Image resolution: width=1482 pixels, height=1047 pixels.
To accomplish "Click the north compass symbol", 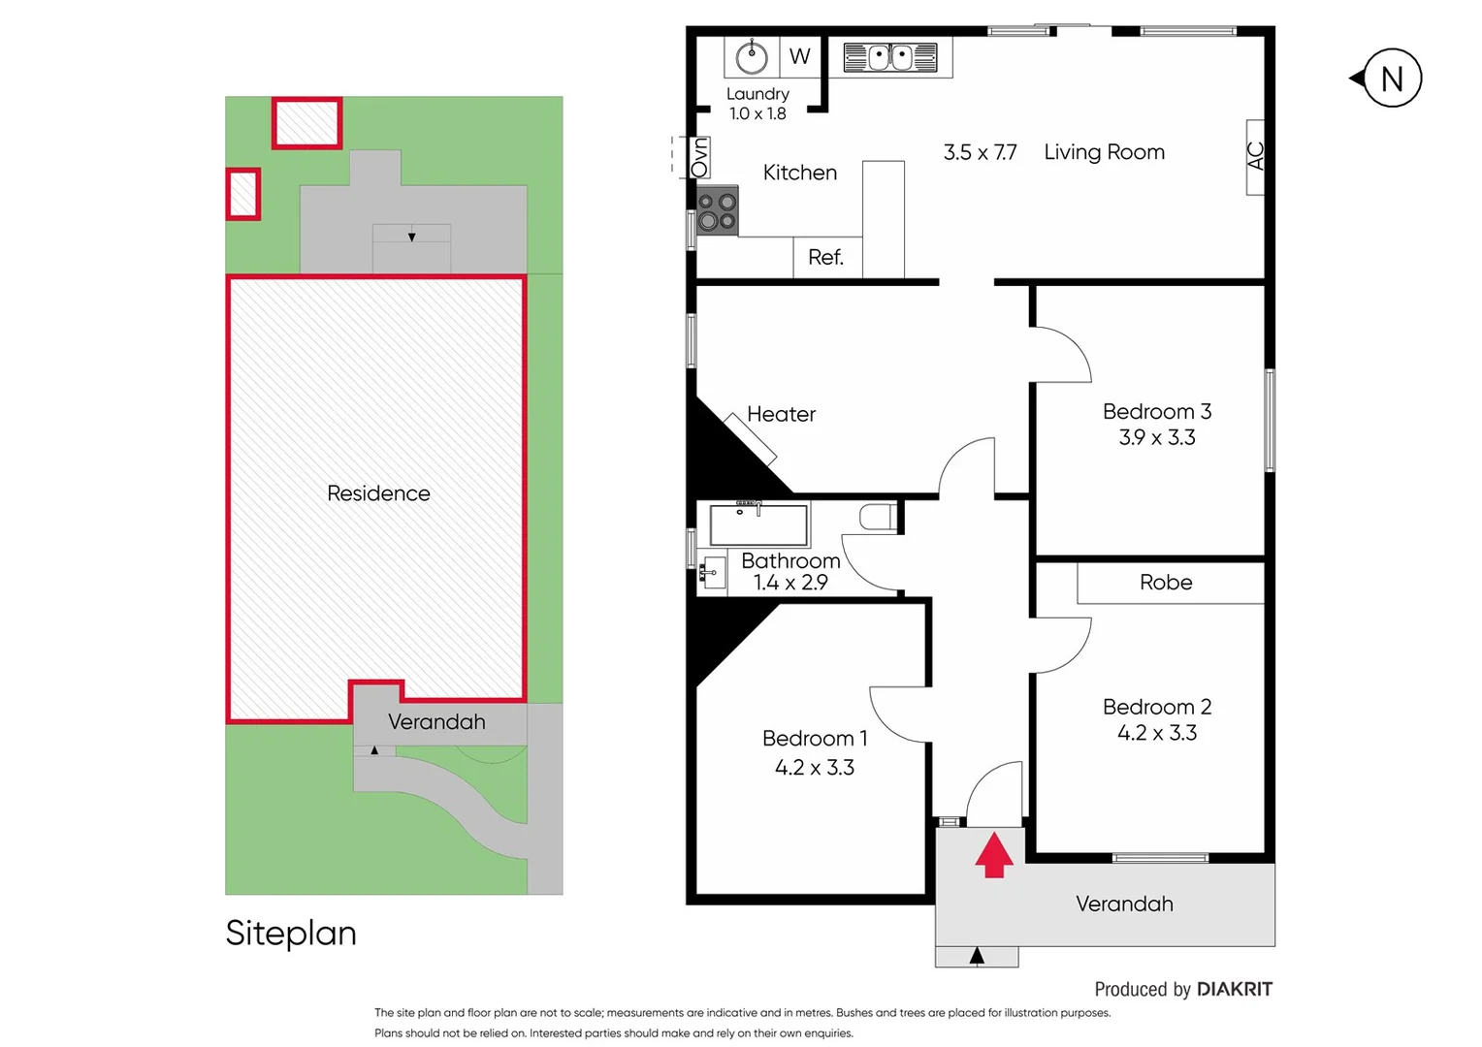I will pyautogui.click(x=1391, y=79).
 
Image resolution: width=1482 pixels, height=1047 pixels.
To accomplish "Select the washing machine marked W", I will pyautogui.click(x=799, y=56).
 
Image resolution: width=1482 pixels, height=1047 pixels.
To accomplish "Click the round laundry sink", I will pyautogui.click(x=752, y=57).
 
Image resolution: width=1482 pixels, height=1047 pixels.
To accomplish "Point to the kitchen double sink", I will pyautogui.click(x=889, y=57).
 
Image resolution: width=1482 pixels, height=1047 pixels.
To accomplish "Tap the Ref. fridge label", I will pyautogui.click(x=825, y=258).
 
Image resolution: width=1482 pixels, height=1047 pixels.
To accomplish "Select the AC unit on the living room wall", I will pyautogui.click(x=1255, y=157).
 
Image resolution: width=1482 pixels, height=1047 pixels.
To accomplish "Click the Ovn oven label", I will pyautogui.click(x=699, y=157).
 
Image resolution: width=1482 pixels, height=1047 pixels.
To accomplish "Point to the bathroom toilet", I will pyautogui.click(x=879, y=517).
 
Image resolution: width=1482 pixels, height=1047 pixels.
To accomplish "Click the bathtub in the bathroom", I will pyautogui.click(x=758, y=524).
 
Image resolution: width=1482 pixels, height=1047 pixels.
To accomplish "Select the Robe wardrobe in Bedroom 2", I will pyautogui.click(x=1166, y=583).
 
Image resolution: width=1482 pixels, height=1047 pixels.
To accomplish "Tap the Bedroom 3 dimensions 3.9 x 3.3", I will pyautogui.click(x=1157, y=438).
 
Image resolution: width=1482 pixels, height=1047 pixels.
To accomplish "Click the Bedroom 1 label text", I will pyautogui.click(x=815, y=739).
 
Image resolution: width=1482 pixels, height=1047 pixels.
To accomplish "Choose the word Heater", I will pyautogui.click(x=781, y=415).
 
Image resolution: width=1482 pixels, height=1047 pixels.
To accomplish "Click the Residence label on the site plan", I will pyautogui.click(x=378, y=493).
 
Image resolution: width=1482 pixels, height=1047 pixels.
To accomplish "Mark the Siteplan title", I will pyautogui.click(x=291, y=933).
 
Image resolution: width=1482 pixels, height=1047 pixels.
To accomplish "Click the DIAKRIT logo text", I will pyautogui.click(x=1234, y=989).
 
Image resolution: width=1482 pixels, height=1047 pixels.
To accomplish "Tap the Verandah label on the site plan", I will pyautogui.click(x=436, y=722).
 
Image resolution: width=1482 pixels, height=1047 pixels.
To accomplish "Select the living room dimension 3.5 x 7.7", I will pyautogui.click(x=980, y=153).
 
